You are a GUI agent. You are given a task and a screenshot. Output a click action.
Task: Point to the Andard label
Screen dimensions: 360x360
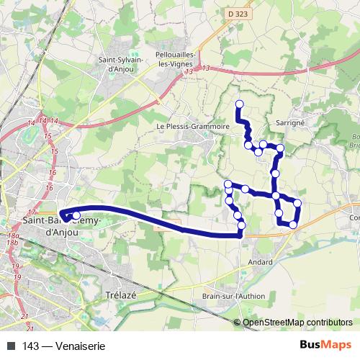260,261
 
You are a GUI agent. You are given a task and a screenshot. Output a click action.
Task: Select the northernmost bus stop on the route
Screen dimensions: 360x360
239,104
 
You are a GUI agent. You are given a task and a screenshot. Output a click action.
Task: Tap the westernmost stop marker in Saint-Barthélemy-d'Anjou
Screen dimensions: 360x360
63,214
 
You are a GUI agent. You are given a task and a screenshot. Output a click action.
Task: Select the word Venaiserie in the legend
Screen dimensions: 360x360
81,346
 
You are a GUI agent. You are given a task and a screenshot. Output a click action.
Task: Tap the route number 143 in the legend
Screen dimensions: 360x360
30,346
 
